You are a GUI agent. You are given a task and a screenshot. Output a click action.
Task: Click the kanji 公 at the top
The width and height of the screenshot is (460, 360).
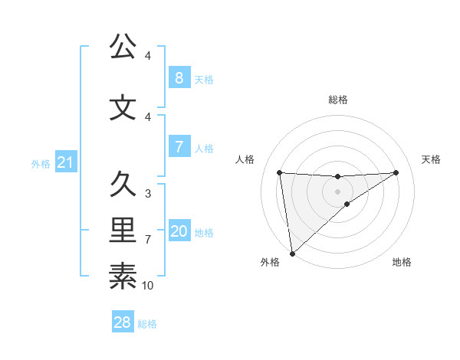tap(123, 47)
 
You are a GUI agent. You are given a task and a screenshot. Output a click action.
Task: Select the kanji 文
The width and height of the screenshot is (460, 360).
tap(123, 107)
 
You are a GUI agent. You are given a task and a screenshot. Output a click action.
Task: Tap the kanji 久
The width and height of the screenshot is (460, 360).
tap(123, 185)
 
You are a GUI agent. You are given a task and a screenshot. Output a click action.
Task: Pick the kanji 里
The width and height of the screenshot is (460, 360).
tap(123, 230)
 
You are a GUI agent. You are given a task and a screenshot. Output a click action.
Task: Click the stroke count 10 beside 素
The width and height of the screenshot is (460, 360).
tap(148, 286)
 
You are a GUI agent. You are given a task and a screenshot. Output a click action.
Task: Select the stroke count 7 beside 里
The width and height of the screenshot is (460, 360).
tap(148, 240)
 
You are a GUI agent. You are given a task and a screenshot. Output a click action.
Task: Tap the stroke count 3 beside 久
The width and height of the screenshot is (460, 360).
tap(148, 194)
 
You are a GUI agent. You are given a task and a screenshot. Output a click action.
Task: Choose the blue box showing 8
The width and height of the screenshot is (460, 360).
tap(179, 77)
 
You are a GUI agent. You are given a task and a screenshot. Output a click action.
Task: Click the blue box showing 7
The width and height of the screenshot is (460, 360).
tap(179, 147)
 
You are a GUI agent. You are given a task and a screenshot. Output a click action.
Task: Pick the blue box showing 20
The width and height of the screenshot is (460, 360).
tap(179, 231)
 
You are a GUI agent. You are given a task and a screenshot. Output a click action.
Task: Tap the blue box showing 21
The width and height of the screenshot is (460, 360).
tap(66, 162)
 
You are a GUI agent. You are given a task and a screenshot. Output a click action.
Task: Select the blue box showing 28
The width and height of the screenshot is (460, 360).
tap(123, 322)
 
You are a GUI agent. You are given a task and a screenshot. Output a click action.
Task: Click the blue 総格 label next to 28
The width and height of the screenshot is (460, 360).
tap(147, 324)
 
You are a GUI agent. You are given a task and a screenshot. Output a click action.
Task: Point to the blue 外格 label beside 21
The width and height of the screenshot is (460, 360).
tap(41, 164)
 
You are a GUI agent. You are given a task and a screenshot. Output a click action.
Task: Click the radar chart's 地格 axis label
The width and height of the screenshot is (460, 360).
tap(402, 263)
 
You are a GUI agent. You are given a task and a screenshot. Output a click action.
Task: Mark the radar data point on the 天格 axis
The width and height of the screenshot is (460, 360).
tap(396, 172)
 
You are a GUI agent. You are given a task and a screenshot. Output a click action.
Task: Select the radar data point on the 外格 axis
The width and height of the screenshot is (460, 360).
tap(292, 253)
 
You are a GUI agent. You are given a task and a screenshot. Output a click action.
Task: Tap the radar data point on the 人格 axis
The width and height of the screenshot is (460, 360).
tap(279, 172)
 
